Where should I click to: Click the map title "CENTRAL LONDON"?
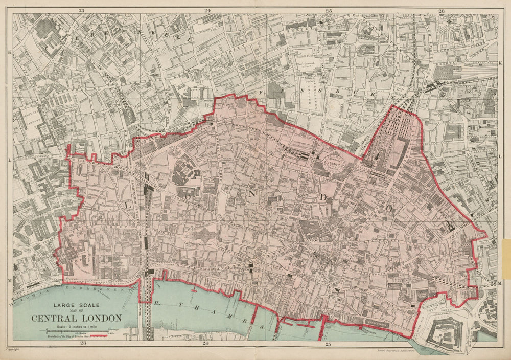point(77,318)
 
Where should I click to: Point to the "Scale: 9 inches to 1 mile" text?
point(77,327)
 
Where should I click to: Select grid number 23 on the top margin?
point(82,10)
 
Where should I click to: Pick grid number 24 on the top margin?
point(207,10)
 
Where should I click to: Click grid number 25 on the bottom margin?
point(328,344)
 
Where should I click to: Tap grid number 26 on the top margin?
point(441,10)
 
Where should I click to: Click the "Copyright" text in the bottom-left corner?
point(13,349)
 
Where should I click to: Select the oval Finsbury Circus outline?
point(335,166)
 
